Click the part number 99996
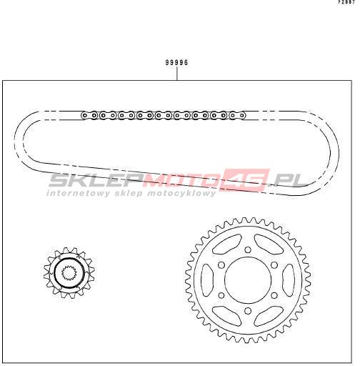coord(177,62)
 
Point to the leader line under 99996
coord(177,74)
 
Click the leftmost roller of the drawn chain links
coord(84,116)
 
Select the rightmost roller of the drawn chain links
coord(242,116)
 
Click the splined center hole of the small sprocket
coord(69,273)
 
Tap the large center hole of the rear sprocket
coord(248,280)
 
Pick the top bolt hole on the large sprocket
coord(248,249)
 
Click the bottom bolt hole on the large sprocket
coord(248,311)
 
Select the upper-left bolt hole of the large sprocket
coord(221,265)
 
